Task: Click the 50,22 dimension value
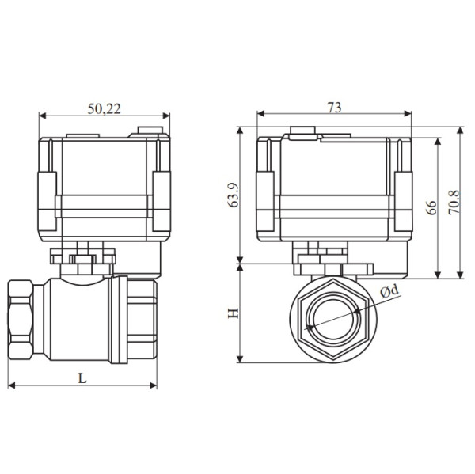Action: (104, 109)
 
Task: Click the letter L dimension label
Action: (82, 377)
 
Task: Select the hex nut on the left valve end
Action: (22, 320)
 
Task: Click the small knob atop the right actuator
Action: (301, 132)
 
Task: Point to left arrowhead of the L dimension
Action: (11, 386)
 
